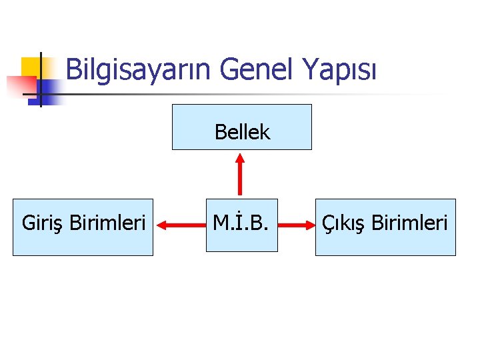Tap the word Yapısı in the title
point(340,69)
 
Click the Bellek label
point(242,132)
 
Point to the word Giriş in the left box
point(43,223)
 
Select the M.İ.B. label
point(241,223)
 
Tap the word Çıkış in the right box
point(343,223)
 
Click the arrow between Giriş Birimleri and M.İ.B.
point(180,227)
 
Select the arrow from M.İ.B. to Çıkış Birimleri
point(296,227)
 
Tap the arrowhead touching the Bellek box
point(241,158)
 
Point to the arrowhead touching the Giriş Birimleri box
point(161,227)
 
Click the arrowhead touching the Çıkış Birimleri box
point(309,227)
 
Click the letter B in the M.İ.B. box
point(262,223)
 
